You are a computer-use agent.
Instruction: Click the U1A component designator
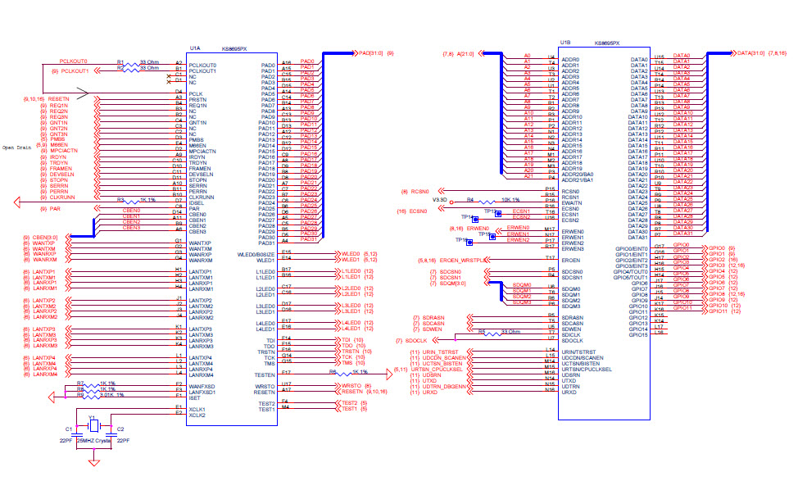pyautogui.click(x=195, y=48)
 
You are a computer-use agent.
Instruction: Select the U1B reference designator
pyautogui.click(x=565, y=43)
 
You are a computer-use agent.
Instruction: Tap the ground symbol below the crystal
pyautogui.click(x=94, y=464)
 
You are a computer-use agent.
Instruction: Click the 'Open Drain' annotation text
pyautogui.click(x=17, y=147)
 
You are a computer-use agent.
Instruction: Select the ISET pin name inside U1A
pyautogui.click(x=196, y=397)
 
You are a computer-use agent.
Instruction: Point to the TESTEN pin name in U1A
pyautogui.click(x=262, y=374)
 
